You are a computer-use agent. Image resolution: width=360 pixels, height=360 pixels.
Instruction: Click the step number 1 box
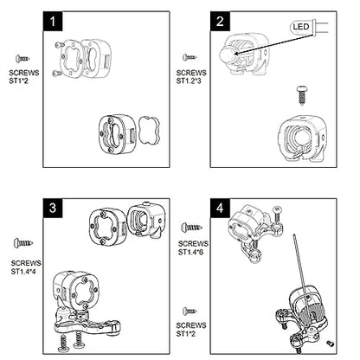53,22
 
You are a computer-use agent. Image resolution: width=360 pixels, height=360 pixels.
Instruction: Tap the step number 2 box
220,22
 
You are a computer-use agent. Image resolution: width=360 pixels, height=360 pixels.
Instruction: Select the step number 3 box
53,208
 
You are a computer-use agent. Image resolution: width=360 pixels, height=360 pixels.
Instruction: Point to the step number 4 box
220,208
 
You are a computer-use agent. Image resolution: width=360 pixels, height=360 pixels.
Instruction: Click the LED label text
301,27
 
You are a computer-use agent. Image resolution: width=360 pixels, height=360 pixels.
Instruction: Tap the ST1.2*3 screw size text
189,80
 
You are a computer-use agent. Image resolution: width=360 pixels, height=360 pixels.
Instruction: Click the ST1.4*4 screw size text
23,272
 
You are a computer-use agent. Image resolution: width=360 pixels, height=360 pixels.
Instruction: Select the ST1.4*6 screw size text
190,252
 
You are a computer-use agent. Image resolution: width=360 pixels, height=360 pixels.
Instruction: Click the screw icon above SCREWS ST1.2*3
190,57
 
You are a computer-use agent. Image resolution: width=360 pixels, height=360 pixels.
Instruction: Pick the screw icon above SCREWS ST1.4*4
23,243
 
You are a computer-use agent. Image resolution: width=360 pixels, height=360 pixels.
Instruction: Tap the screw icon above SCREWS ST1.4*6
191,228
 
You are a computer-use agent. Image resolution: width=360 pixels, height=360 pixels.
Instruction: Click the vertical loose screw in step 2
302,95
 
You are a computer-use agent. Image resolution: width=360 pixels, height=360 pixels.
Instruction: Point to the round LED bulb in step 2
228,55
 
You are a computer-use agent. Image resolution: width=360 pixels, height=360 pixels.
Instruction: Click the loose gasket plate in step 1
149,130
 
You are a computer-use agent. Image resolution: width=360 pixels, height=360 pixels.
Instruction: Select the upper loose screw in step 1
60,44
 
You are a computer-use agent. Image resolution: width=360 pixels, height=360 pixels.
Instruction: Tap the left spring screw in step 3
63,344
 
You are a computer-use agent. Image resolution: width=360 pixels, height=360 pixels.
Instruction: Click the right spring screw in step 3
78,340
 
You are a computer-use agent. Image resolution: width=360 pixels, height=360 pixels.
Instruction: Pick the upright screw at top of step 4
277,214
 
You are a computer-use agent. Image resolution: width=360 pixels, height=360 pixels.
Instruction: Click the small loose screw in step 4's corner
330,344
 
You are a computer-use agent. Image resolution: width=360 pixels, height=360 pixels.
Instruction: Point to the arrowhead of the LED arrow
236,54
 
